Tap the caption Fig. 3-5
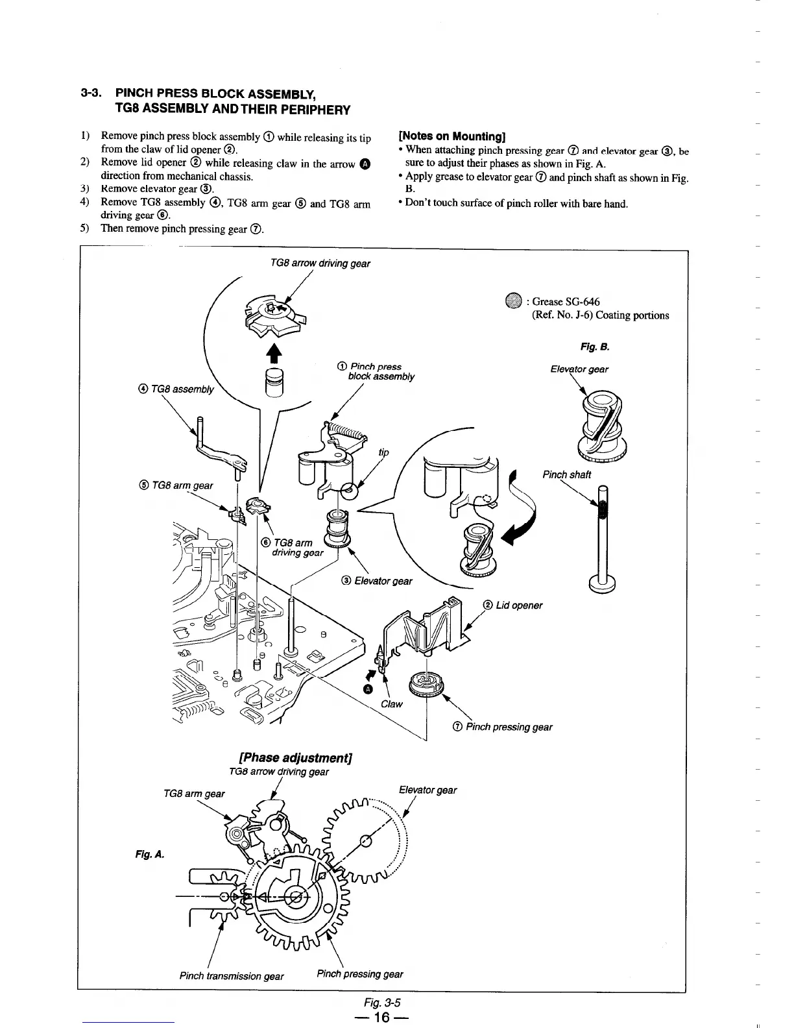tap(383, 1002)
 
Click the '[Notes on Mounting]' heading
tap(451, 136)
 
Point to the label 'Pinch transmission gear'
tap(232, 976)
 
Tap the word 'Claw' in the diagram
tap(392, 704)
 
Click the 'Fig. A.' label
tap(149, 855)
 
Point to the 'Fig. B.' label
tap(595, 347)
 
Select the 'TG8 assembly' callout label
tap(176, 389)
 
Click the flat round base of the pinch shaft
tap(602, 583)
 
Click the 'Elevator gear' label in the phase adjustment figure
tap(427, 790)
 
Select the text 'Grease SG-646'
tap(566, 302)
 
